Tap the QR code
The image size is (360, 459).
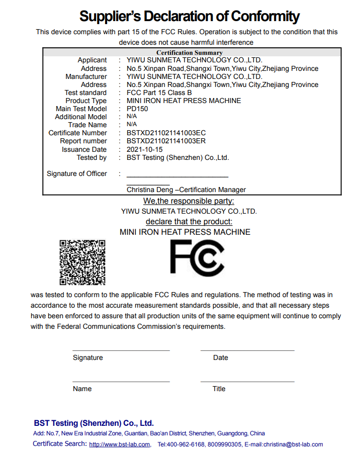click(x=82, y=262)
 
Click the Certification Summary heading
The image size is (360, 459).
click(x=189, y=52)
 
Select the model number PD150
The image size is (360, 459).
click(x=137, y=109)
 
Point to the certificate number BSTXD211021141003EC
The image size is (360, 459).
click(x=166, y=133)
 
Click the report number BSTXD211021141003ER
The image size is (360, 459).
click(x=166, y=141)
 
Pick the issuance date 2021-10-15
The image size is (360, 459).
click(x=144, y=149)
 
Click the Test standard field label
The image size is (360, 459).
click(x=85, y=93)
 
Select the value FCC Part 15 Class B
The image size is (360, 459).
click(x=159, y=93)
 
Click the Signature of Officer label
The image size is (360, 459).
click(x=77, y=173)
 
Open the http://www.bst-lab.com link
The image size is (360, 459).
click(x=120, y=444)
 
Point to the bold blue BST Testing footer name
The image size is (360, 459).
click(x=94, y=423)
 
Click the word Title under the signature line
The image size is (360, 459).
click(x=219, y=389)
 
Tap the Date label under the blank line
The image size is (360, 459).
click(x=220, y=357)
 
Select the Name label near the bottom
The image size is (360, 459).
click(x=82, y=389)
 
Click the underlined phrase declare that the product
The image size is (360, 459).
click(x=189, y=221)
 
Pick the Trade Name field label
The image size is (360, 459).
click(x=87, y=125)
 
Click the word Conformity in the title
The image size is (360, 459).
click(x=265, y=16)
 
